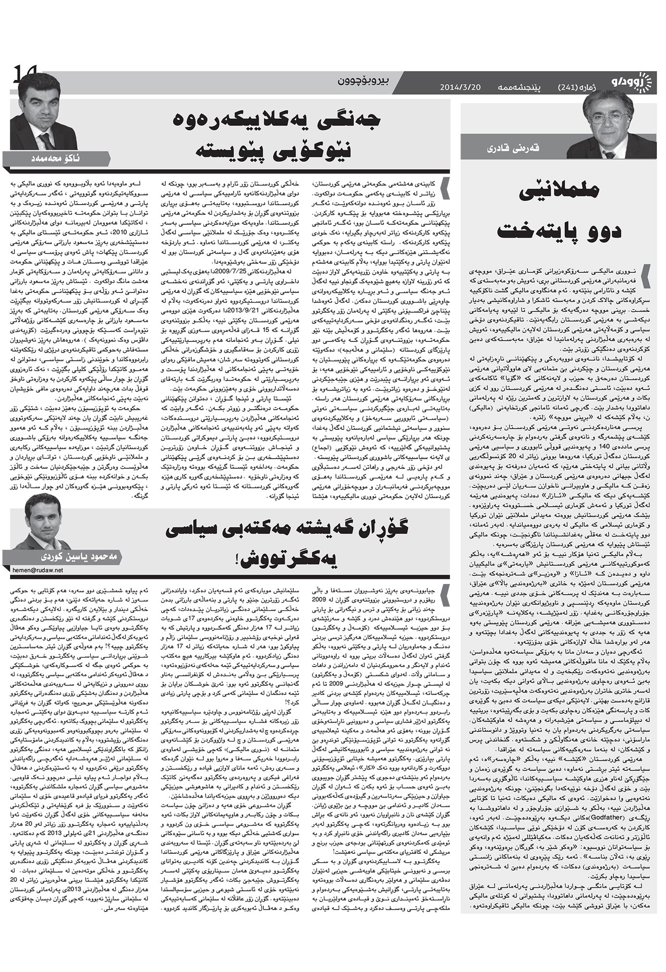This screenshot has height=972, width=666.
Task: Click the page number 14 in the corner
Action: pos(21,76)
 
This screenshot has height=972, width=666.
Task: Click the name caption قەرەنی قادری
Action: pos(519,149)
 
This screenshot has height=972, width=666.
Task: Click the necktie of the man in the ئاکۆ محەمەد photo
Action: pos(47,141)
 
